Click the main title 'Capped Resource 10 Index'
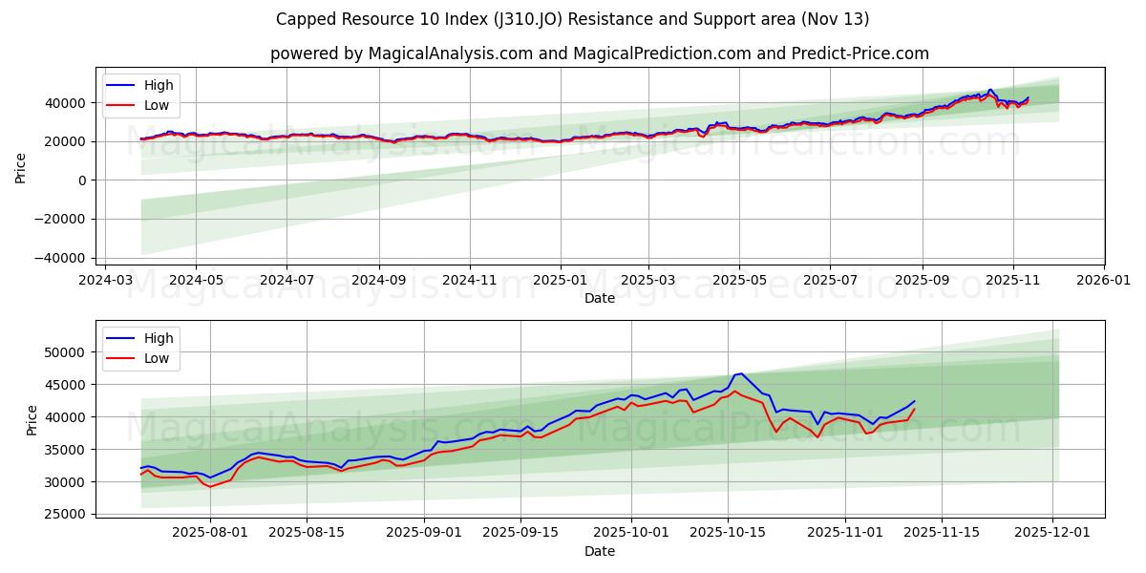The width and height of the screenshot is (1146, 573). point(572,19)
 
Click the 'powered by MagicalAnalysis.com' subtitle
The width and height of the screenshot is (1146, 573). point(599,53)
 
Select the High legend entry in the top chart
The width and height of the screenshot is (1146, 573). point(159,85)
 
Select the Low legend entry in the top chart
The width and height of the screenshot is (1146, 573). point(157,105)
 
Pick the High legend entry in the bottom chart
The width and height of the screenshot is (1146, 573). point(159,338)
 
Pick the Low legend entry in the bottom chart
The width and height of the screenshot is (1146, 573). point(157,358)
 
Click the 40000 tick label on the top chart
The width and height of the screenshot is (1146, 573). point(67,103)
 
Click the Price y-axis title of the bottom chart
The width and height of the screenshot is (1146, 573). point(32,419)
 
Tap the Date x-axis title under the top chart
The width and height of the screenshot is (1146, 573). point(600,299)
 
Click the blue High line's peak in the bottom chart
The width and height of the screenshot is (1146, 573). point(741,373)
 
